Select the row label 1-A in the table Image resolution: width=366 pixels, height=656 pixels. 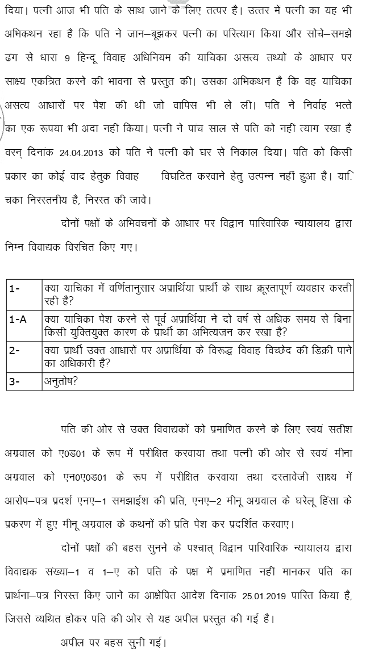point(18,319)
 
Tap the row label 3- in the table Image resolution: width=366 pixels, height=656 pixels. point(15,381)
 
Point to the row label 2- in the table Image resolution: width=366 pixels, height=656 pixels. point(15,350)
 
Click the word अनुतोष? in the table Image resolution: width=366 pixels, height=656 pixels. point(61,381)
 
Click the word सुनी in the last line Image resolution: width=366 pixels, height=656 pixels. point(133,643)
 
